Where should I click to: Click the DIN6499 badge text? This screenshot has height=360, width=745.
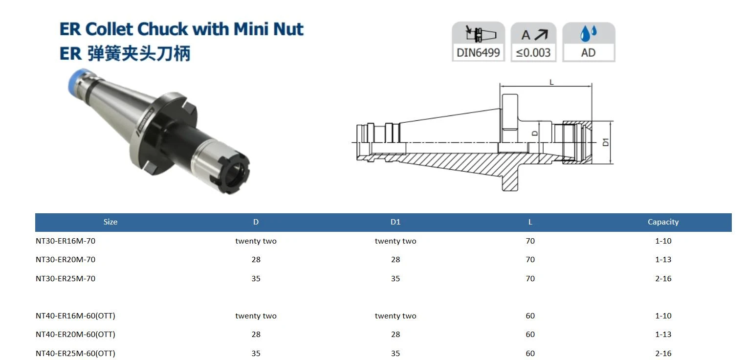click(478, 52)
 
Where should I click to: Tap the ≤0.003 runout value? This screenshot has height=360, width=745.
click(533, 52)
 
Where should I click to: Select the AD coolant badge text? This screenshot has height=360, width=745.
click(588, 52)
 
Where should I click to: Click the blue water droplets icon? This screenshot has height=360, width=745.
click(589, 33)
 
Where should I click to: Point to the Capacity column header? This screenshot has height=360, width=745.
click(663, 222)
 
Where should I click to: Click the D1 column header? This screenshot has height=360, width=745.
click(395, 222)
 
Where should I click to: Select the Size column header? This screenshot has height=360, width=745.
click(110, 222)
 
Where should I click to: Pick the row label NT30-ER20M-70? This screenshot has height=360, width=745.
click(66, 260)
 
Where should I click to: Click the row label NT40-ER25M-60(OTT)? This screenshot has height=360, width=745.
click(75, 353)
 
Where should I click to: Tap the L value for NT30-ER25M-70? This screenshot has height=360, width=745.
click(530, 278)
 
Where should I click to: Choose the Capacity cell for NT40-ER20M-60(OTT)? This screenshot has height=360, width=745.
click(663, 334)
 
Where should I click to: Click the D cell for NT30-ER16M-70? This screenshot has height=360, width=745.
click(256, 241)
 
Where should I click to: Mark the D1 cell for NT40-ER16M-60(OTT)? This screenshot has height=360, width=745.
click(395, 316)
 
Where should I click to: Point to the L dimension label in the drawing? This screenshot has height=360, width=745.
click(551, 82)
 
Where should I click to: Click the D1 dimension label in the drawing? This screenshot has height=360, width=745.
click(606, 142)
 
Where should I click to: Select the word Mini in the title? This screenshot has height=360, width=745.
click(251, 29)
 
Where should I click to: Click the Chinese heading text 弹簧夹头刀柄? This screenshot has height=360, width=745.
click(139, 53)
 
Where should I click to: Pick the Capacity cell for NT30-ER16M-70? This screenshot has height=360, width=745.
click(663, 241)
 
